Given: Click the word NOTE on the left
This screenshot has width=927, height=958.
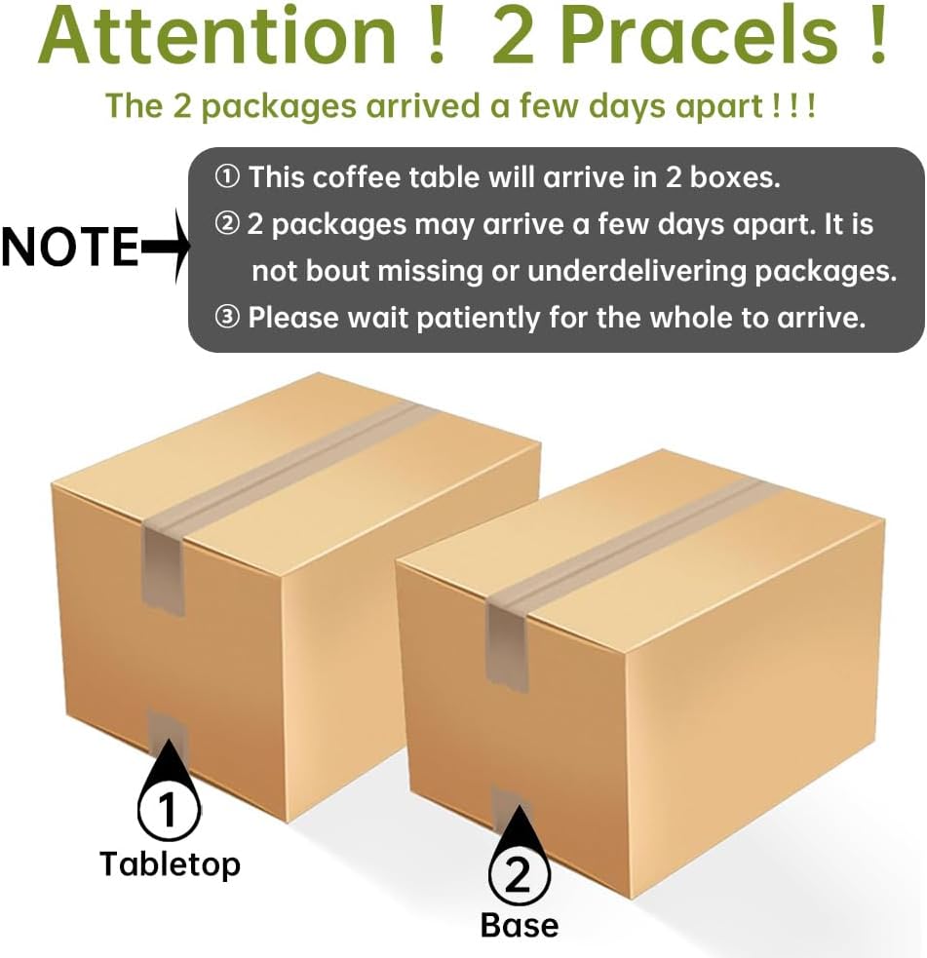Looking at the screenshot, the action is coord(71,247).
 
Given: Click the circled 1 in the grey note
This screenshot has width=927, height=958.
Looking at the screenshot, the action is coord(227,177).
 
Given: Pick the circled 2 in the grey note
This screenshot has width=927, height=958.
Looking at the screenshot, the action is coord(227,224).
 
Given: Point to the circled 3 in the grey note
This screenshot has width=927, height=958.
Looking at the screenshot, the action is coord(227,318).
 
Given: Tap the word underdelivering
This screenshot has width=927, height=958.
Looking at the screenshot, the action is coord(637,271).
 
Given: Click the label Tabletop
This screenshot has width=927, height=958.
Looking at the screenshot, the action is coord(170,864).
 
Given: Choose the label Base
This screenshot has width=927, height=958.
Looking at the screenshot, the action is coord(520,925).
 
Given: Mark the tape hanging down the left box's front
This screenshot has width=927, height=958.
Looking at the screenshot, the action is coord(163,568).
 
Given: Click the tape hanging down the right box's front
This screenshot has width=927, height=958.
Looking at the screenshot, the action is coord(507,643).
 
